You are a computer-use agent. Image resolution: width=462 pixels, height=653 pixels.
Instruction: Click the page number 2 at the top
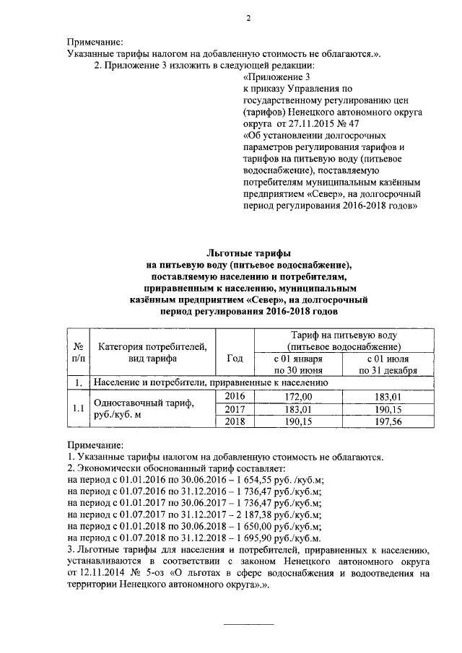[248, 19]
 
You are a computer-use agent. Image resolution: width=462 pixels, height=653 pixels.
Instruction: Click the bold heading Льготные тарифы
[248, 254]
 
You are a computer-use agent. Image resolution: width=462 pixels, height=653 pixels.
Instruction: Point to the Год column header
[235, 358]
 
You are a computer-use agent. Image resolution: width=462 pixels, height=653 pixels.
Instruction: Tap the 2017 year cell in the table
[235, 409]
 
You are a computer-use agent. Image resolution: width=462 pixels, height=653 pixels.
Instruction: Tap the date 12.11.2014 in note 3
[97, 574]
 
